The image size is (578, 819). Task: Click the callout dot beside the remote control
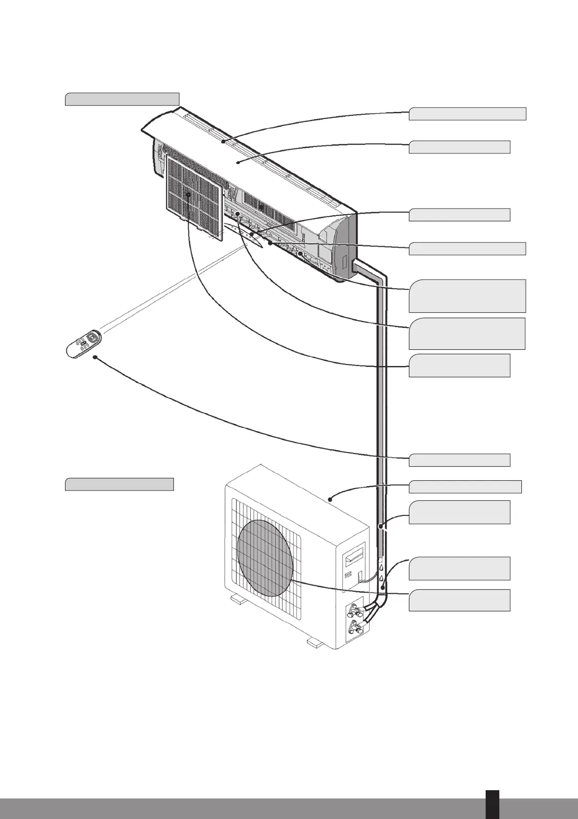(94, 358)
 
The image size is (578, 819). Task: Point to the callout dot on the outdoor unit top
(331, 499)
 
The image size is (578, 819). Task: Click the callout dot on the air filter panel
(188, 194)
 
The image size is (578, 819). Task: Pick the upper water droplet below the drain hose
(381, 568)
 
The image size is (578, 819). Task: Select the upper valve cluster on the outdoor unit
(355, 609)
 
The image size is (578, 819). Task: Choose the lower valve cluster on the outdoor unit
(355, 628)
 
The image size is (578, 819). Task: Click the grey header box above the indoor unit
(122, 99)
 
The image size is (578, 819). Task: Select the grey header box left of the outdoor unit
(119, 484)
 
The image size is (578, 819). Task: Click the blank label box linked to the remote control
(459, 460)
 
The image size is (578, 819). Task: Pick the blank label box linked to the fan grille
(459, 600)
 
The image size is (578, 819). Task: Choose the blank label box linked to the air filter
(459, 366)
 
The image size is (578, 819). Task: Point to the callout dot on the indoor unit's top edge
(223, 141)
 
